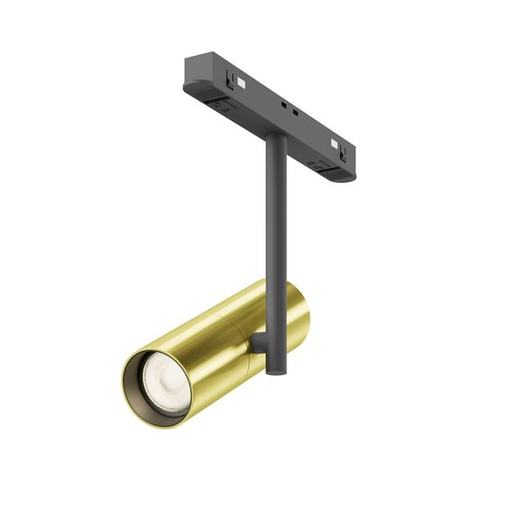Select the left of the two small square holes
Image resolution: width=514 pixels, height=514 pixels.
285,106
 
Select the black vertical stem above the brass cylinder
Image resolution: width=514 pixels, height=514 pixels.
271,225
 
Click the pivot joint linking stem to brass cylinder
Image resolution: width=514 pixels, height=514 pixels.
258,342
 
